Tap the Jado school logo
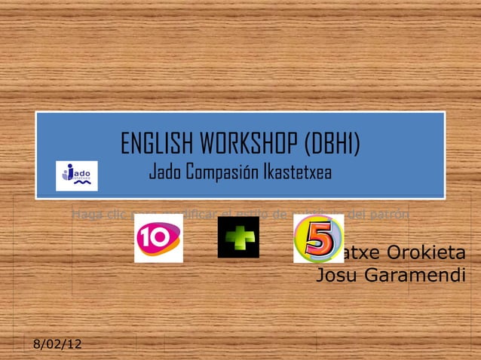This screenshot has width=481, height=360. [x=77, y=175]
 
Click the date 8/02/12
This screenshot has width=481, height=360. [x=57, y=345]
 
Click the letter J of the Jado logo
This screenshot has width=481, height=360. [x=69, y=172]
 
